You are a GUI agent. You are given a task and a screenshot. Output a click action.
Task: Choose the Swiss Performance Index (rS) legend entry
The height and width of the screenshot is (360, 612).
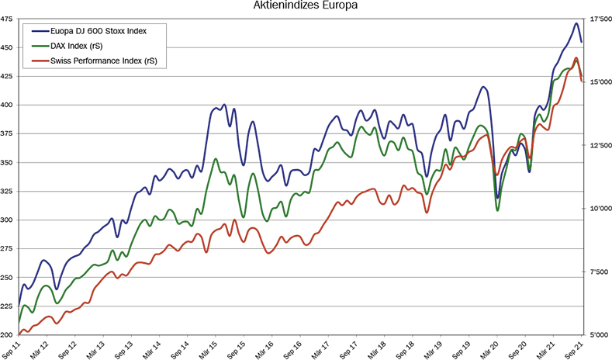tap(108, 61)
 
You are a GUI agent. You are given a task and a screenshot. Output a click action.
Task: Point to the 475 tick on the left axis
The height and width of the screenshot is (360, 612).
tap(8, 19)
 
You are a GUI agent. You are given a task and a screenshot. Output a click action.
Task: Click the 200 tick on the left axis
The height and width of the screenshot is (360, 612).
tap(8, 335)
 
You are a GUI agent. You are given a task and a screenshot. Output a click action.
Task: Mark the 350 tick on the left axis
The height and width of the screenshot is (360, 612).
tap(8, 163)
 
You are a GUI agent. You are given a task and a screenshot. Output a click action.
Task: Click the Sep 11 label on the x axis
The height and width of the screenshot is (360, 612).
tap(11, 348)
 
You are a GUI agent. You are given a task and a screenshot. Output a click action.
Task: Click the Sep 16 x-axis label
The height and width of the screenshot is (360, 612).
tap(292, 348)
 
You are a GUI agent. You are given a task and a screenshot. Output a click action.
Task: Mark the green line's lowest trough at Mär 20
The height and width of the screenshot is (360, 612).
tap(497, 210)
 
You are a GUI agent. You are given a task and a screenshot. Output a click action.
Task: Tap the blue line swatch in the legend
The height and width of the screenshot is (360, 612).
tap(36, 30)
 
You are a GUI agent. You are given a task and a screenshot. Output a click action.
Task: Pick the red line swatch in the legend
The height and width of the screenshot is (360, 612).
tap(36, 61)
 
